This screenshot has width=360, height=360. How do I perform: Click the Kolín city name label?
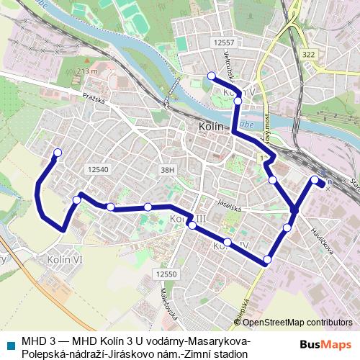click(x=210, y=127)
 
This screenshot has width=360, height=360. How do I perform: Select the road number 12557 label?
click(x=225, y=44)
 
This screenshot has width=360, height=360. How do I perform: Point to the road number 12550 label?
click(x=167, y=274)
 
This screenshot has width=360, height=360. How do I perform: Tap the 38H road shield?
click(x=168, y=169)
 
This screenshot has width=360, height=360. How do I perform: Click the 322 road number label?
click(x=309, y=54)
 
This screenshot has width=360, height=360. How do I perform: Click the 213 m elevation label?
click(x=85, y=71)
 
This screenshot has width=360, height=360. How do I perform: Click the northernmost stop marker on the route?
click(x=211, y=76)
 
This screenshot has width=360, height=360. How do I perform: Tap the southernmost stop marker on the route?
click(x=268, y=259)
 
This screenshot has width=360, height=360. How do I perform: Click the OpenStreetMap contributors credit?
click(x=302, y=323)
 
